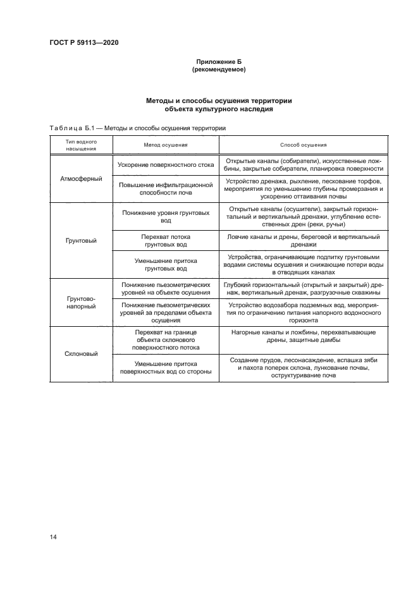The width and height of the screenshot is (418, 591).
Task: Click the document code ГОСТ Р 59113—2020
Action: [x=83, y=43]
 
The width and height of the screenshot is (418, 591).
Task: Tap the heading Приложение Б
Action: [x=218, y=61]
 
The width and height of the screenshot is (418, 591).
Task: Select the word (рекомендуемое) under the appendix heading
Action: [x=218, y=70]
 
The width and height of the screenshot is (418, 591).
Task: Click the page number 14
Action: [x=53, y=537]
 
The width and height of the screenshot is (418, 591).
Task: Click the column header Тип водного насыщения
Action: [x=81, y=145]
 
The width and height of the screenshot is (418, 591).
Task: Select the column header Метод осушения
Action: [x=166, y=145]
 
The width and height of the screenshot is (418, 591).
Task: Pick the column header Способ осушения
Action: [x=303, y=145]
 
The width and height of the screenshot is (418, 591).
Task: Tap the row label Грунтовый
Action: [x=81, y=241]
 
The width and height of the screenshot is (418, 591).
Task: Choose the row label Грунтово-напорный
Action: [x=81, y=302]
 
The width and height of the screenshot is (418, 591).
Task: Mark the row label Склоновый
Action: [x=81, y=354]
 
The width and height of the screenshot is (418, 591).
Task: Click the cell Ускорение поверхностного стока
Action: [x=166, y=165]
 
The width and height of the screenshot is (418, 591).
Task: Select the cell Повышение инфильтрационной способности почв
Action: [x=166, y=188]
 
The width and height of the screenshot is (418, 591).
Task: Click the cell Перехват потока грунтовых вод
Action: [x=166, y=241]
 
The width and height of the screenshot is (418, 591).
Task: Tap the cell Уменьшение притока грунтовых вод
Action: [x=166, y=264]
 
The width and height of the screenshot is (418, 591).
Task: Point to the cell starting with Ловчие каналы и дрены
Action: [x=303, y=241]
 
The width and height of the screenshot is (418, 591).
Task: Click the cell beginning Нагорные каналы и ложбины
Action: [x=303, y=336]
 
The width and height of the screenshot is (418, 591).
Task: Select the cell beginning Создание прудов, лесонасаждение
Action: [x=303, y=367]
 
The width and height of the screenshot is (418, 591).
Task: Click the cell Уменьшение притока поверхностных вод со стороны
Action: [x=166, y=368]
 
